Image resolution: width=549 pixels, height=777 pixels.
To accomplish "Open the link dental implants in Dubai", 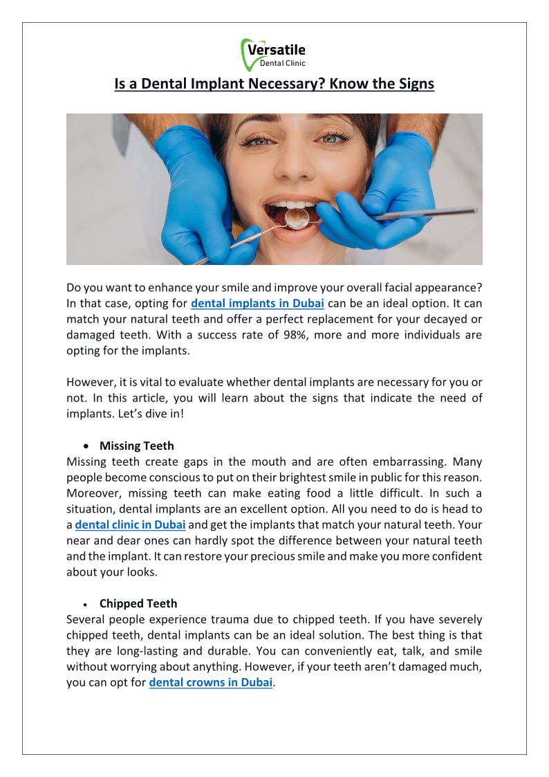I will click(x=257, y=302).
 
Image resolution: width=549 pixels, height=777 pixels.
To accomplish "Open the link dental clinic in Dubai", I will click(x=130, y=524).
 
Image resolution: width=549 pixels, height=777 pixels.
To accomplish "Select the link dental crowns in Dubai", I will click(x=211, y=683).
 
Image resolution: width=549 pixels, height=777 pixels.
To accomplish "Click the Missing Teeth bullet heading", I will click(x=137, y=446).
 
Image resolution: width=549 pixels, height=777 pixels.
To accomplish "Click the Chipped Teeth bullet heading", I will click(x=138, y=603).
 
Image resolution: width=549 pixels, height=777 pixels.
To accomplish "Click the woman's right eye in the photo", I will click(x=261, y=138).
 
